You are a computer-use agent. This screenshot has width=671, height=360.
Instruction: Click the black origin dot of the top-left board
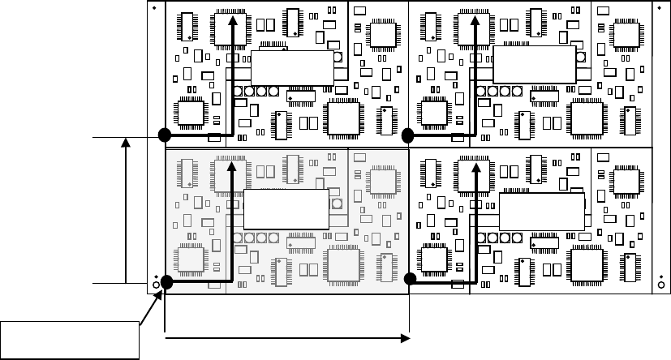click(x=165, y=135)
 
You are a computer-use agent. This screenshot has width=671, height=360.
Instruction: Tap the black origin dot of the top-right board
click(x=408, y=135)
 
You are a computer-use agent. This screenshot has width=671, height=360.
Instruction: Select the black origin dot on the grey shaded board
click(x=167, y=282)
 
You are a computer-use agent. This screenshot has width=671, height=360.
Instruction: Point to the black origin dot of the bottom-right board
click(x=411, y=279)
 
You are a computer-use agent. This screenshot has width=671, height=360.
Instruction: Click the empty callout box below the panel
click(x=71, y=338)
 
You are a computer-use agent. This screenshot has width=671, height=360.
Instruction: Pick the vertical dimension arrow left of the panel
click(x=125, y=211)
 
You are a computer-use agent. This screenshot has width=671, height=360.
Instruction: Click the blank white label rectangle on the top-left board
click(x=291, y=67)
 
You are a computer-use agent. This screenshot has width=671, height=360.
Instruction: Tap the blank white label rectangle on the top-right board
click(x=534, y=65)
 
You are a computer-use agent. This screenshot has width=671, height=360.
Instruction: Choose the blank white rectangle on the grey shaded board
click(x=286, y=211)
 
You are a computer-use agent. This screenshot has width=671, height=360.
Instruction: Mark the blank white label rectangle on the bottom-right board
click(x=541, y=212)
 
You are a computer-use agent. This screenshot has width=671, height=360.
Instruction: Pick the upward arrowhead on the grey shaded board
click(x=234, y=166)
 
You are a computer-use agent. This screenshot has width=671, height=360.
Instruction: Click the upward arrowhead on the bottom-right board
click(x=477, y=166)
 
